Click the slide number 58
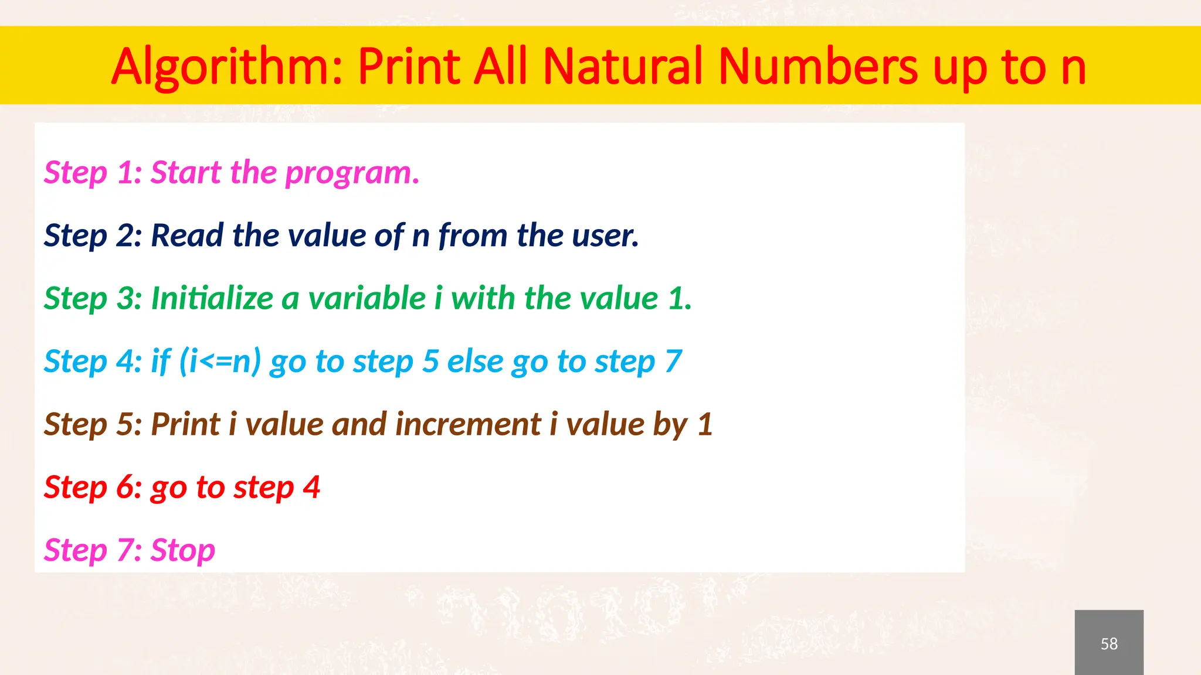point(1108,643)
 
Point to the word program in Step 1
point(352,173)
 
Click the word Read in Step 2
point(187,236)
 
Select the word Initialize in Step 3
point(212,298)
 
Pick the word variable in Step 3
point(367,298)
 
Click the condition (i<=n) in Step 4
point(220,361)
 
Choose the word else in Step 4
point(475,361)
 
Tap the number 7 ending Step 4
point(673,361)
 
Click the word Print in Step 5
point(185,424)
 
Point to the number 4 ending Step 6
point(311,487)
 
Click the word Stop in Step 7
point(183,551)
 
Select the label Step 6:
point(93,487)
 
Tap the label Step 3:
point(93,298)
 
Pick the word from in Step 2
point(473,236)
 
